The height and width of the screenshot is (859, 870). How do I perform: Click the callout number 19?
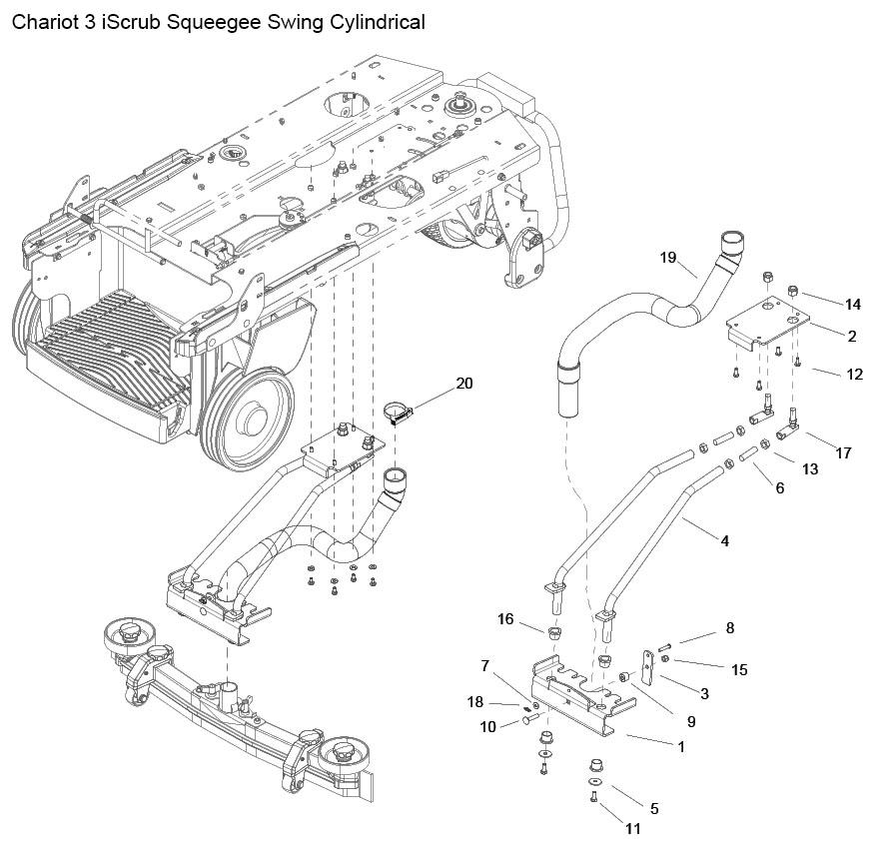pos(668,258)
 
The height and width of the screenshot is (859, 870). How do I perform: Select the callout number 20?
pos(464,384)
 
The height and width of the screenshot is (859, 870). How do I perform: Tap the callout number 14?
pos(853,304)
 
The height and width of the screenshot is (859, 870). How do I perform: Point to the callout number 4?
pos(724,540)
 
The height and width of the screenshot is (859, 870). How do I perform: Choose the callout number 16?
pos(505,618)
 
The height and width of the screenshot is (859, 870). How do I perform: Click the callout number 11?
pos(633,828)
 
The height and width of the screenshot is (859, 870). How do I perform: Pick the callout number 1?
pos(681,747)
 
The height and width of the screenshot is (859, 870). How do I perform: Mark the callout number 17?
pos(843,453)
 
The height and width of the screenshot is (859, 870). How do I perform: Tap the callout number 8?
pos(730,627)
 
